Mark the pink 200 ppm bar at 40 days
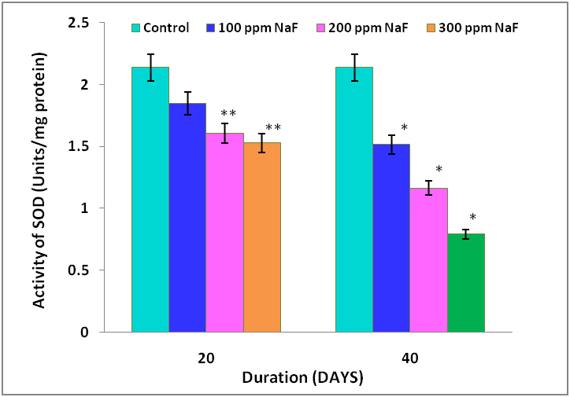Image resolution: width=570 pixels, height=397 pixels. tap(428, 260)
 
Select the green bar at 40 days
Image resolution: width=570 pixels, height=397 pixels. tap(466, 283)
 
